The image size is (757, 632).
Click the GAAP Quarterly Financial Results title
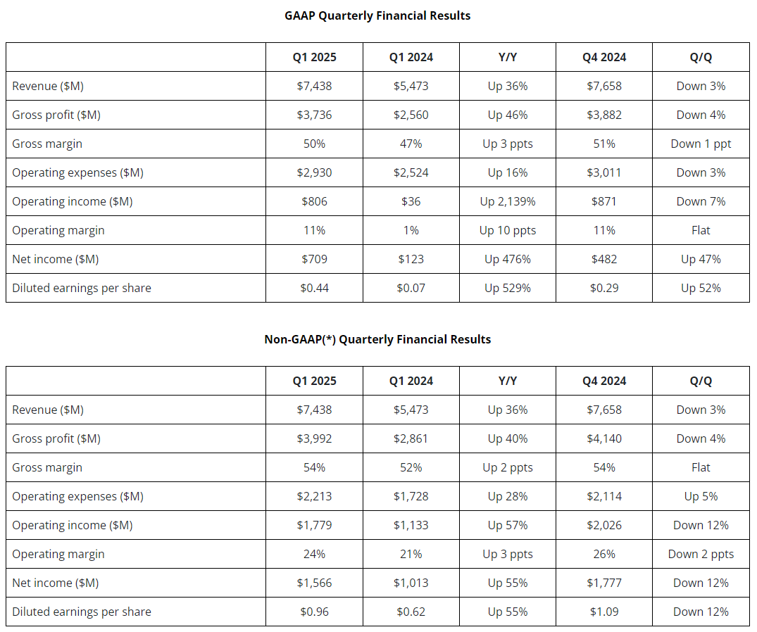[x=377, y=16]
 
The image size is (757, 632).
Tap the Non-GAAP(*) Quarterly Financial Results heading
[x=377, y=340]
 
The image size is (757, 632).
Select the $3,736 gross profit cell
[x=314, y=115]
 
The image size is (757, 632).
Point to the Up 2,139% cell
[x=508, y=202]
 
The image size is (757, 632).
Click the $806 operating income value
[x=314, y=202]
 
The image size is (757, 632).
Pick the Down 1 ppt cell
[x=701, y=144]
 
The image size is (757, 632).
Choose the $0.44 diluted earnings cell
[x=314, y=288]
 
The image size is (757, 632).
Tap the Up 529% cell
[x=508, y=288]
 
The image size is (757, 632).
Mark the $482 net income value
[x=604, y=259]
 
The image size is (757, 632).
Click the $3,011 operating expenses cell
[x=604, y=172]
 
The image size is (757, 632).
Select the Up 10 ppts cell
[x=508, y=231]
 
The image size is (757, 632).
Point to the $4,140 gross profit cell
[x=604, y=438]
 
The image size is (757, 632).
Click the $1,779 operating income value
[x=314, y=526]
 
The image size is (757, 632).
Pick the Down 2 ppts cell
[x=701, y=555]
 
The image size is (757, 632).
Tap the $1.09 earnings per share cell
[x=604, y=612]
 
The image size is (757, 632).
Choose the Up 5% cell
[x=701, y=496]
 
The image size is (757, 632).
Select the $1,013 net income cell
[x=411, y=583]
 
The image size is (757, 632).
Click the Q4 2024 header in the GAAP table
[x=604, y=58]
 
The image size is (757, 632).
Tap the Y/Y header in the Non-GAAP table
[x=508, y=381]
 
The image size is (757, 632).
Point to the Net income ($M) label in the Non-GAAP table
[x=56, y=583]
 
